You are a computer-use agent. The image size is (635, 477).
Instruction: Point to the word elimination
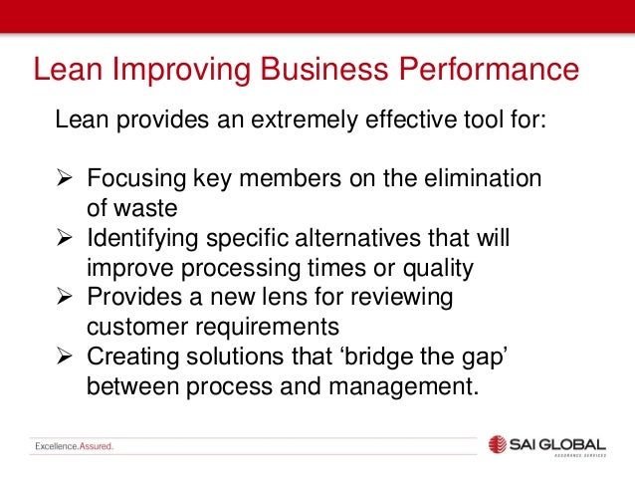481,180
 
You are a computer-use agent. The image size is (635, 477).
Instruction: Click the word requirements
267,328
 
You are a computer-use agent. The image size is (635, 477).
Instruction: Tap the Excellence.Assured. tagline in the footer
74,446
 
